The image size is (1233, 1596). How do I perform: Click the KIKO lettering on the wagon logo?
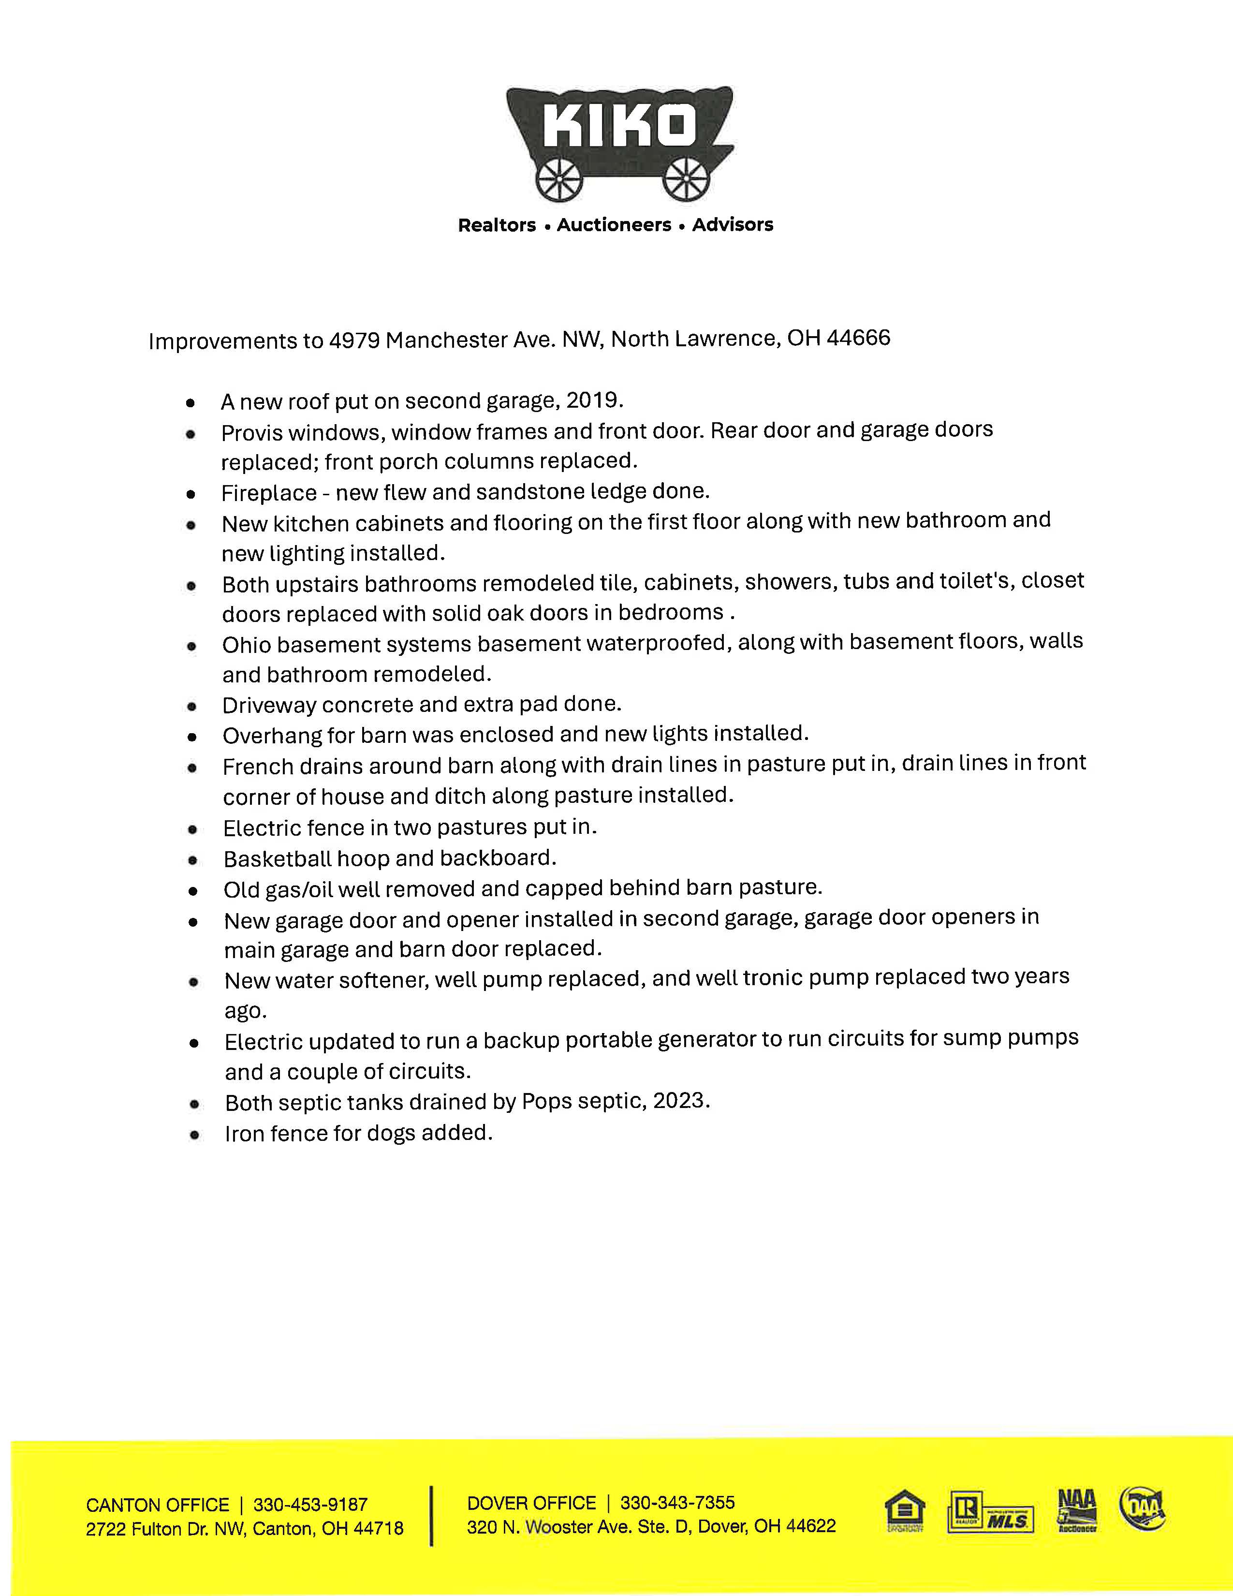pos(619,126)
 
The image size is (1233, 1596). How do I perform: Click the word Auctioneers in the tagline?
pos(614,225)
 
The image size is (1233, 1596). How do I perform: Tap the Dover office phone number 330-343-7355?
pos(677,1503)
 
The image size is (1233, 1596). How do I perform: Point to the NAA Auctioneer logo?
pos(1077,1510)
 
